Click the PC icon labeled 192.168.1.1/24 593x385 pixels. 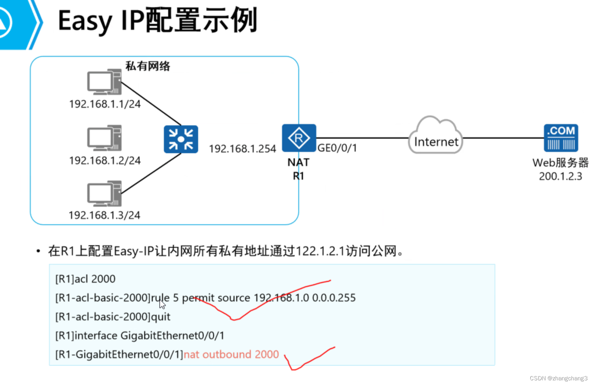(x=104, y=82)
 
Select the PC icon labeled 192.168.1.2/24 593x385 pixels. (x=104, y=138)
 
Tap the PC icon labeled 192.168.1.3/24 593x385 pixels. (x=104, y=193)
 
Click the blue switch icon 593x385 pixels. (x=181, y=139)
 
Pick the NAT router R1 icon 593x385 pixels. (x=299, y=138)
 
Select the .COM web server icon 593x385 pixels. (x=561, y=138)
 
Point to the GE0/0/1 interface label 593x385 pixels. (x=337, y=148)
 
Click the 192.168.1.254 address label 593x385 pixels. (x=242, y=149)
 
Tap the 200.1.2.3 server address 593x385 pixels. (x=560, y=176)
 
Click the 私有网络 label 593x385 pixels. (x=148, y=66)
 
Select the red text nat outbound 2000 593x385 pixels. (x=231, y=355)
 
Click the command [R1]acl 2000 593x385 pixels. (x=85, y=279)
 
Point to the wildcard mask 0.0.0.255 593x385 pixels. (x=334, y=298)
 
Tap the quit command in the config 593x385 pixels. (x=161, y=317)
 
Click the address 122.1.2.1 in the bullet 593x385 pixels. (x=320, y=251)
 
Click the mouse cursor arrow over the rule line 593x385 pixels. (x=162, y=305)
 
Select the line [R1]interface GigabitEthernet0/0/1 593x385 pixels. (x=140, y=336)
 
